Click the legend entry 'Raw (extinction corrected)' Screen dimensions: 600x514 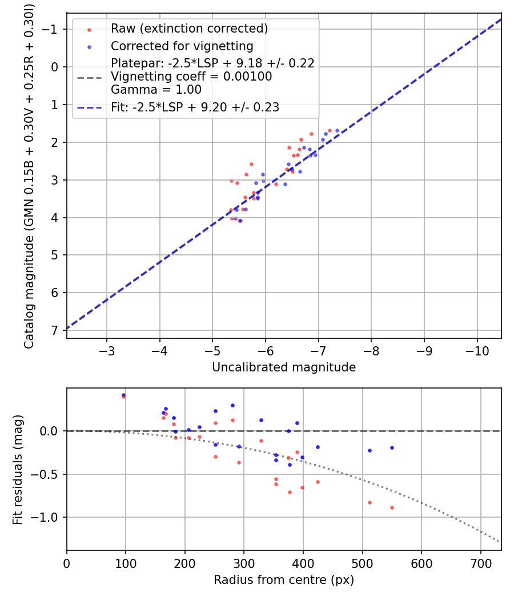(x=189, y=29)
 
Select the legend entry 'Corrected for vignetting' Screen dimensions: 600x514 (x=182, y=46)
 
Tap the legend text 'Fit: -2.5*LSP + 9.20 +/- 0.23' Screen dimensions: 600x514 (x=195, y=107)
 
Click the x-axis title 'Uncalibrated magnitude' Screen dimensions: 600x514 (x=284, y=367)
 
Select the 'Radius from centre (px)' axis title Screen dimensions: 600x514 (x=284, y=580)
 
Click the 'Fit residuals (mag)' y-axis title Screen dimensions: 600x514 (x=18, y=470)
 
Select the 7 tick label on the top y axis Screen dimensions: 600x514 (x=55, y=330)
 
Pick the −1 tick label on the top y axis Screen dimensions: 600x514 (x=53, y=29)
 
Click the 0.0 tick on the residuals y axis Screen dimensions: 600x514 (x=52, y=431)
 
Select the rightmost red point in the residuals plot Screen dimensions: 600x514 (x=392, y=507)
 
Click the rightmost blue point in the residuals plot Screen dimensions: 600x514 (x=392, y=447)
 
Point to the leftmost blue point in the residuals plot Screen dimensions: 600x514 (x=123, y=394)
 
